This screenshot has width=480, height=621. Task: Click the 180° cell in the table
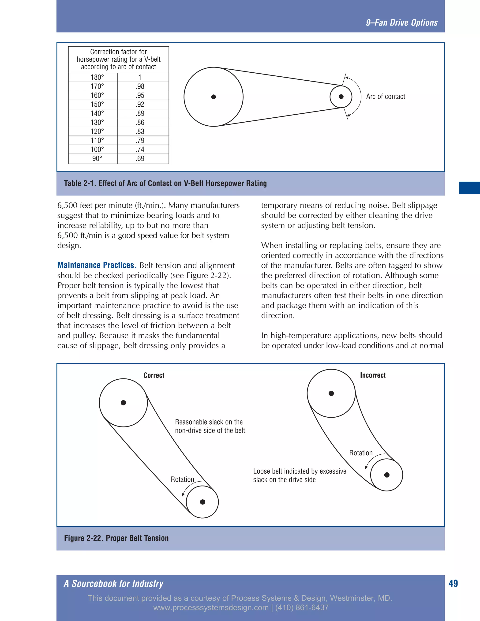tap(97, 77)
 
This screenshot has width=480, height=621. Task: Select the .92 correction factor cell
tap(140, 104)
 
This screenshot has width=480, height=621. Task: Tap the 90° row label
tap(97, 159)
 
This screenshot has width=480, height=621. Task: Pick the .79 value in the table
tap(140, 140)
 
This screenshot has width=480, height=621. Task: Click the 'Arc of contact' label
tap(385, 97)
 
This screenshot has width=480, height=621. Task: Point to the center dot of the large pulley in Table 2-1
tap(214, 97)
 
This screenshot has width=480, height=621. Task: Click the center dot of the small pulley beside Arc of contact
tap(341, 97)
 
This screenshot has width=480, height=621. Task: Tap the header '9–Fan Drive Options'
tap(401, 23)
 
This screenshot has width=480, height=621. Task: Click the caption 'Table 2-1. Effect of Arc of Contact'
tap(165, 183)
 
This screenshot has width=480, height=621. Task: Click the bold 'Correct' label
tap(154, 375)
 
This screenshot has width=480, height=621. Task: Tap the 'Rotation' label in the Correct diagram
tap(182, 479)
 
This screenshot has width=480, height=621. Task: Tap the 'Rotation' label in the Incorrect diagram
tap(360, 453)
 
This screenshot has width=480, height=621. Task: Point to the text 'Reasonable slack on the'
tap(209, 422)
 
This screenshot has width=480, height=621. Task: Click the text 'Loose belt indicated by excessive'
tap(300, 471)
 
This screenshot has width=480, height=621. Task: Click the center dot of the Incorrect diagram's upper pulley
tap(331, 393)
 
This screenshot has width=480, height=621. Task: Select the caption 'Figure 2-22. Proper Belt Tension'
tap(116, 538)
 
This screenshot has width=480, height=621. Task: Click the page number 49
tap(453, 584)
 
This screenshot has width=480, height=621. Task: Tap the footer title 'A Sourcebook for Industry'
tap(113, 584)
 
